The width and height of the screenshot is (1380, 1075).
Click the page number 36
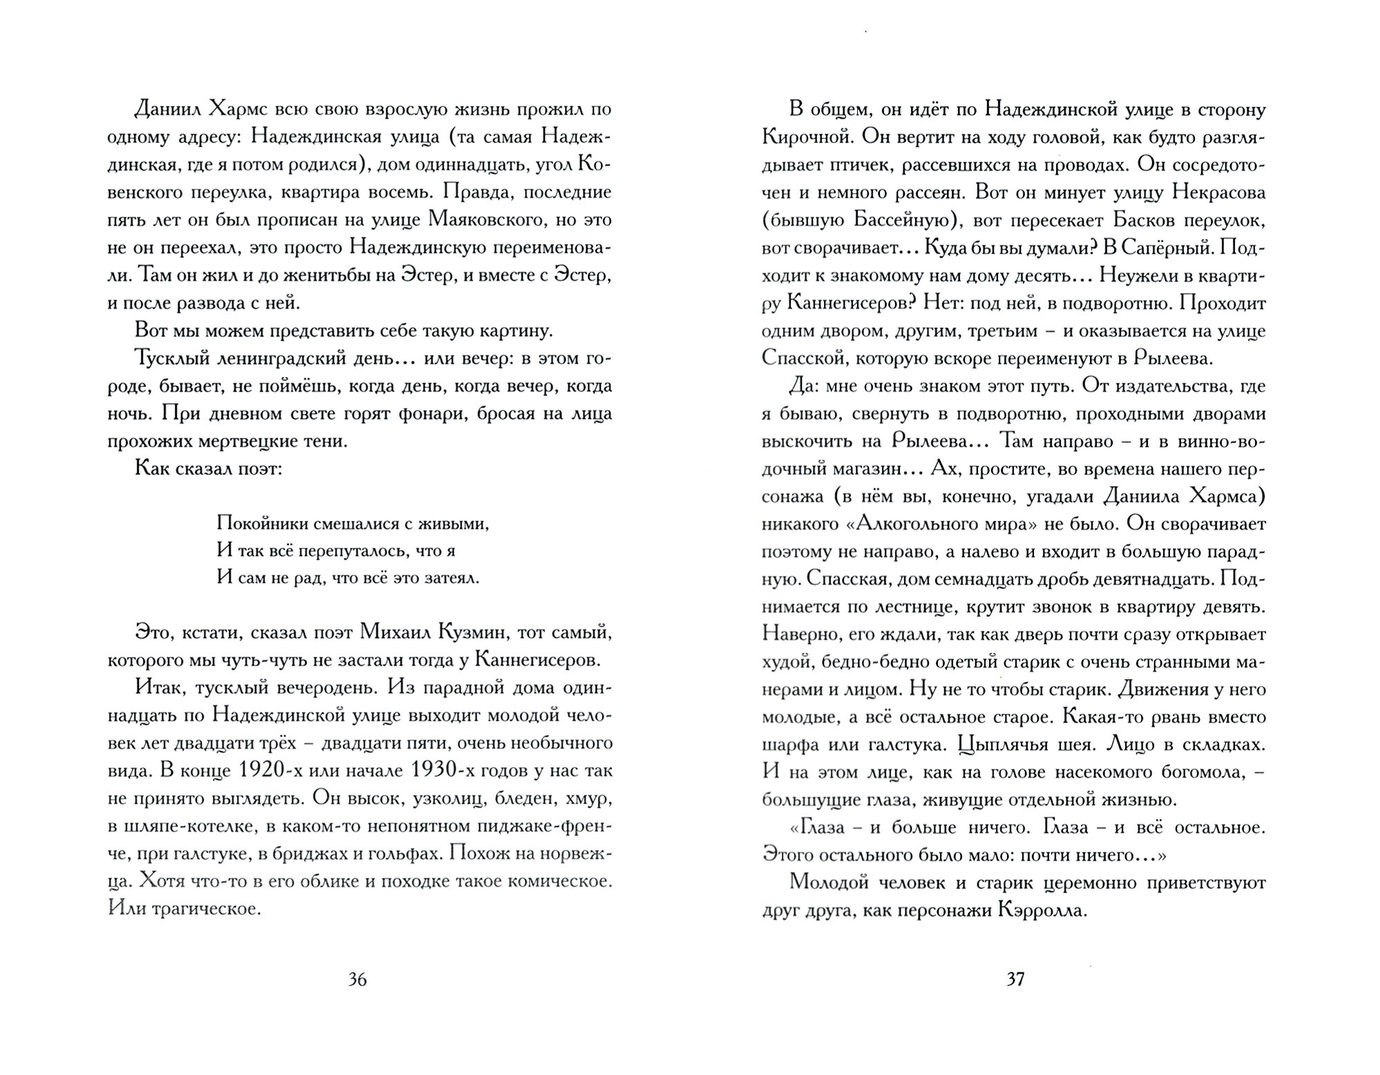[357, 980]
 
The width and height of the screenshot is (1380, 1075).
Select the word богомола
[1190, 772]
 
